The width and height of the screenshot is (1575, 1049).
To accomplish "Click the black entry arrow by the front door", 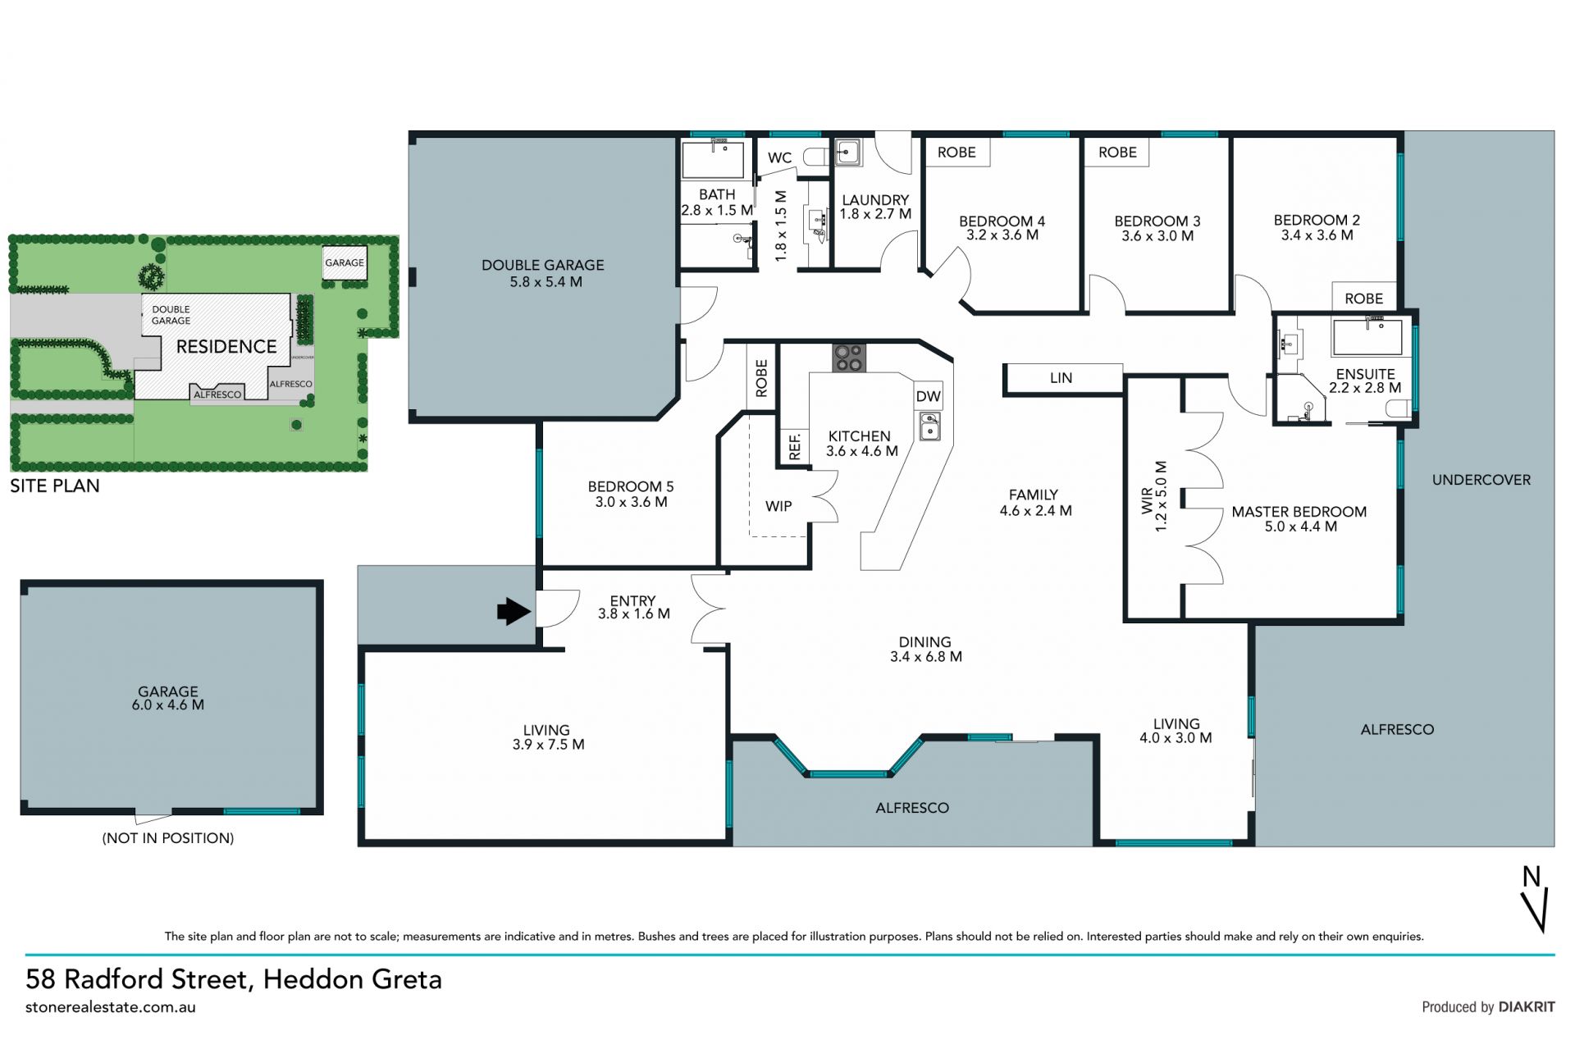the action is pos(514,611).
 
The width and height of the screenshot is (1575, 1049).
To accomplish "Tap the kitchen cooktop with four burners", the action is pos(849,358).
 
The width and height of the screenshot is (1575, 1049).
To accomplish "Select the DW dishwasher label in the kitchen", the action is pos(928,396).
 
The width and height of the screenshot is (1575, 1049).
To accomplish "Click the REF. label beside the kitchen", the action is pos(794,447).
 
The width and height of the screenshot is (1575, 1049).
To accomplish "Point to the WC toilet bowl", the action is pos(816,157).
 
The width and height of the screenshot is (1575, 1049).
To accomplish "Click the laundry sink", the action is pos(847,152).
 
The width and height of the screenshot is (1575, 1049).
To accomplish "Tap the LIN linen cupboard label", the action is pos(1061,378).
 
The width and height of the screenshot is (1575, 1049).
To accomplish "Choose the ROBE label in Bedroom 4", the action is pos(956,152).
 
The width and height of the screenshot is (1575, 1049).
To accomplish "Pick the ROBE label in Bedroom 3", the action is pos(1117,152).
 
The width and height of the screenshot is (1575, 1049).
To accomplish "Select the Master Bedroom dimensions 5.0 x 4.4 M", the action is pos(1300,527).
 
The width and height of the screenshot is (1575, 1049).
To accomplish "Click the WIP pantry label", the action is pos(778,506).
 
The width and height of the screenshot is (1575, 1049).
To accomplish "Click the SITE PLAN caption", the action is pos(55,486).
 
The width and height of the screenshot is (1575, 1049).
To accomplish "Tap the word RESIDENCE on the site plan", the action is pos(226,347).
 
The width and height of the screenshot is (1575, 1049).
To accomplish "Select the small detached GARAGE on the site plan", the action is pos(344,263).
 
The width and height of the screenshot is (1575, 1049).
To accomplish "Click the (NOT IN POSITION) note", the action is pos(168,838).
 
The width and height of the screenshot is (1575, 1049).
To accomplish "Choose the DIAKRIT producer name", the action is pos(1527,1007).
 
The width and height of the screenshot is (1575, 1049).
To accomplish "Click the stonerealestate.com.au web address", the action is pos(111,1008).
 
